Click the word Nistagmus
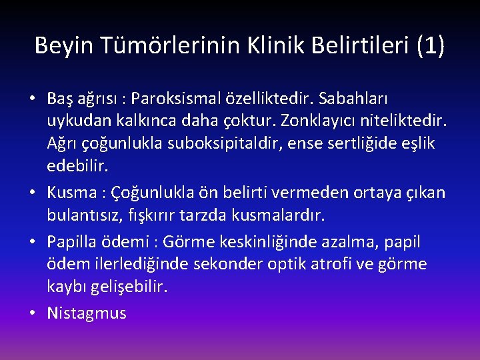87,313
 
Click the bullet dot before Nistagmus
33,313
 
